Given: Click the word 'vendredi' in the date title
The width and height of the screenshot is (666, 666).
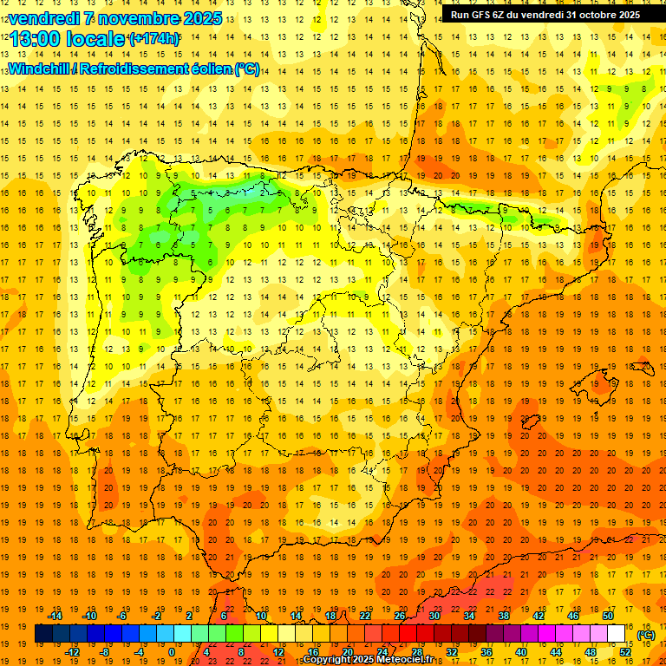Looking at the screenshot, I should point(40,18).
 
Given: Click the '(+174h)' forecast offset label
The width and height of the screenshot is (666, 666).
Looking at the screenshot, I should point(153,39).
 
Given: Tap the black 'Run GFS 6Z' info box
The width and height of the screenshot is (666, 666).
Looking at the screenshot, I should point(545,14).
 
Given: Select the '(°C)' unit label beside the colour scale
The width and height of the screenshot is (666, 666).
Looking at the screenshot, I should point(646,635).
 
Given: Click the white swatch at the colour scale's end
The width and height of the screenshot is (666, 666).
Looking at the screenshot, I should point(616,634).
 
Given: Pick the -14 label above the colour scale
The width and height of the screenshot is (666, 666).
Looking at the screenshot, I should point(55,616).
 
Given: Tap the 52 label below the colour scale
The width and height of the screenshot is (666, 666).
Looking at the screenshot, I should point(625,652).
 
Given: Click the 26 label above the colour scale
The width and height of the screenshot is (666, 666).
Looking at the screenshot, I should point(400,616).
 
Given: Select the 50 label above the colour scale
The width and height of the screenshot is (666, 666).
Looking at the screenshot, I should point(608,616).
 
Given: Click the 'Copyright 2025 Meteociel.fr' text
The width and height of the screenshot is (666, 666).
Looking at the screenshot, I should point(368,660).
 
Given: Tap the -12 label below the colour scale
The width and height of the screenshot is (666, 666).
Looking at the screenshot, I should point(72,652).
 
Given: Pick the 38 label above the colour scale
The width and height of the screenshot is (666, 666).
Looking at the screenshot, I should point(504,616).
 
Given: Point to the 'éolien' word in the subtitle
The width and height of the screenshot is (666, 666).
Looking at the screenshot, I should point(212,69).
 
